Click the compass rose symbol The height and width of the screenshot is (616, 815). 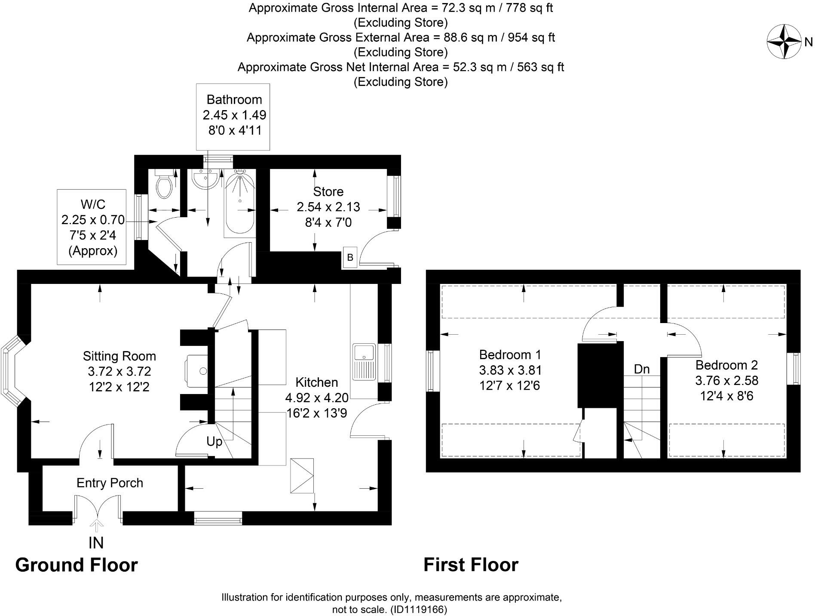click(784, 42)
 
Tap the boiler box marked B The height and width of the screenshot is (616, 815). click(350, 258)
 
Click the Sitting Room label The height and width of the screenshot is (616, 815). click(119, 356)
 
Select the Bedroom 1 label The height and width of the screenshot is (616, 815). click(510, 355)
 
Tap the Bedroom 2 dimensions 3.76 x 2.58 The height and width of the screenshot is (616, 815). click(726, 381)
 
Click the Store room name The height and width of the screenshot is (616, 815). click(328, 191)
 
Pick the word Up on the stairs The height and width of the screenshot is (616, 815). click(214, 442)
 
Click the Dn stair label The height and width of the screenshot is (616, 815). click(641, 369)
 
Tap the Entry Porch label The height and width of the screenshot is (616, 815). click(110, 483)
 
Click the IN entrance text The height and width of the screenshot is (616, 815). click(96, 543)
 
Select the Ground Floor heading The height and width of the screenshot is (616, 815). click(77, 565)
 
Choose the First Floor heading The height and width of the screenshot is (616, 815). click(471, 565)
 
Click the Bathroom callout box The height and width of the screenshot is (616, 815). click(233, 117)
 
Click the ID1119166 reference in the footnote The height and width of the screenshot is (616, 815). click(419, 610)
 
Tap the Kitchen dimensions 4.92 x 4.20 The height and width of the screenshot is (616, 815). click(317, 398)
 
